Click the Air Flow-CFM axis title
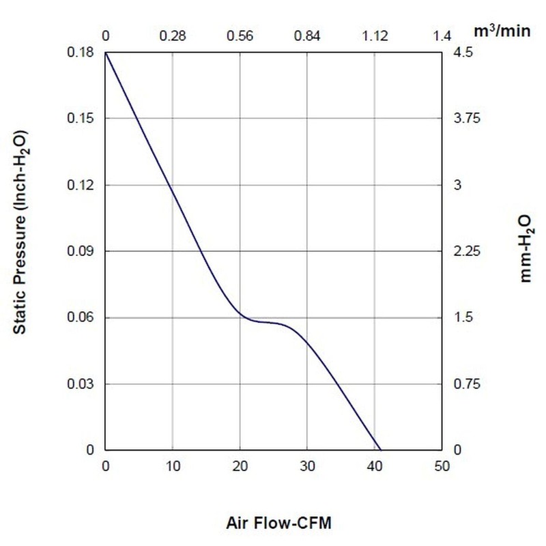278,523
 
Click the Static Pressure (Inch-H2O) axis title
20,232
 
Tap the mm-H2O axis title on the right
526,248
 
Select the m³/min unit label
502,31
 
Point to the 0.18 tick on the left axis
81,53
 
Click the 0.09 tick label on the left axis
81,250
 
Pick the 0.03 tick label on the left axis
81,384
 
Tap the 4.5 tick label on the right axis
463,53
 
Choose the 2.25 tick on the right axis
467,250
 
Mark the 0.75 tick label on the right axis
467,384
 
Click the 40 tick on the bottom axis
375,466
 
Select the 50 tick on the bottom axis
442,466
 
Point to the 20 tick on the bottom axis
240,466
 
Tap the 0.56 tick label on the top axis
240,36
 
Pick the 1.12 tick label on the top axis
375,36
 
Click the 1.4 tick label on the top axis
442,36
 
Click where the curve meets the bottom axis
380,450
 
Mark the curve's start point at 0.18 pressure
106,53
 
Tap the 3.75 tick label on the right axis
467,118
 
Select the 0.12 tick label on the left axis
81,184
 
